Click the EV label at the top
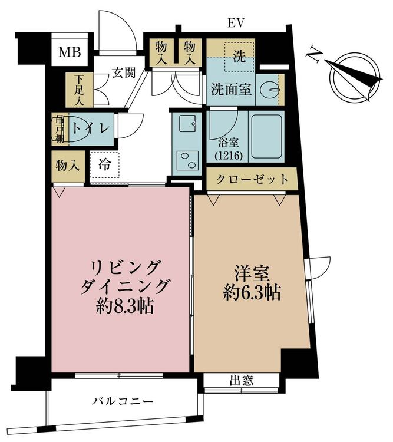click(x=236, y=23)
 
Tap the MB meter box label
click(x=70, y=52)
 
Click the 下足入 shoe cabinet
click(x=80, y=90)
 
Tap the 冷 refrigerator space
click(x=105, y=164)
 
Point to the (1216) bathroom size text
click(x=229, y=156)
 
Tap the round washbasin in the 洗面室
click(x=269, y=90)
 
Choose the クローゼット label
click(x=252, y=179)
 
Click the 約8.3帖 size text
click(x=124, y=306)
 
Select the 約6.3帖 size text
click(x=252, y=293)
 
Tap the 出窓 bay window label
click(x=242, y=381)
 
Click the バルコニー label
click(x=124, y=401)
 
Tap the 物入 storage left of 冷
click(x=68, y=166)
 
